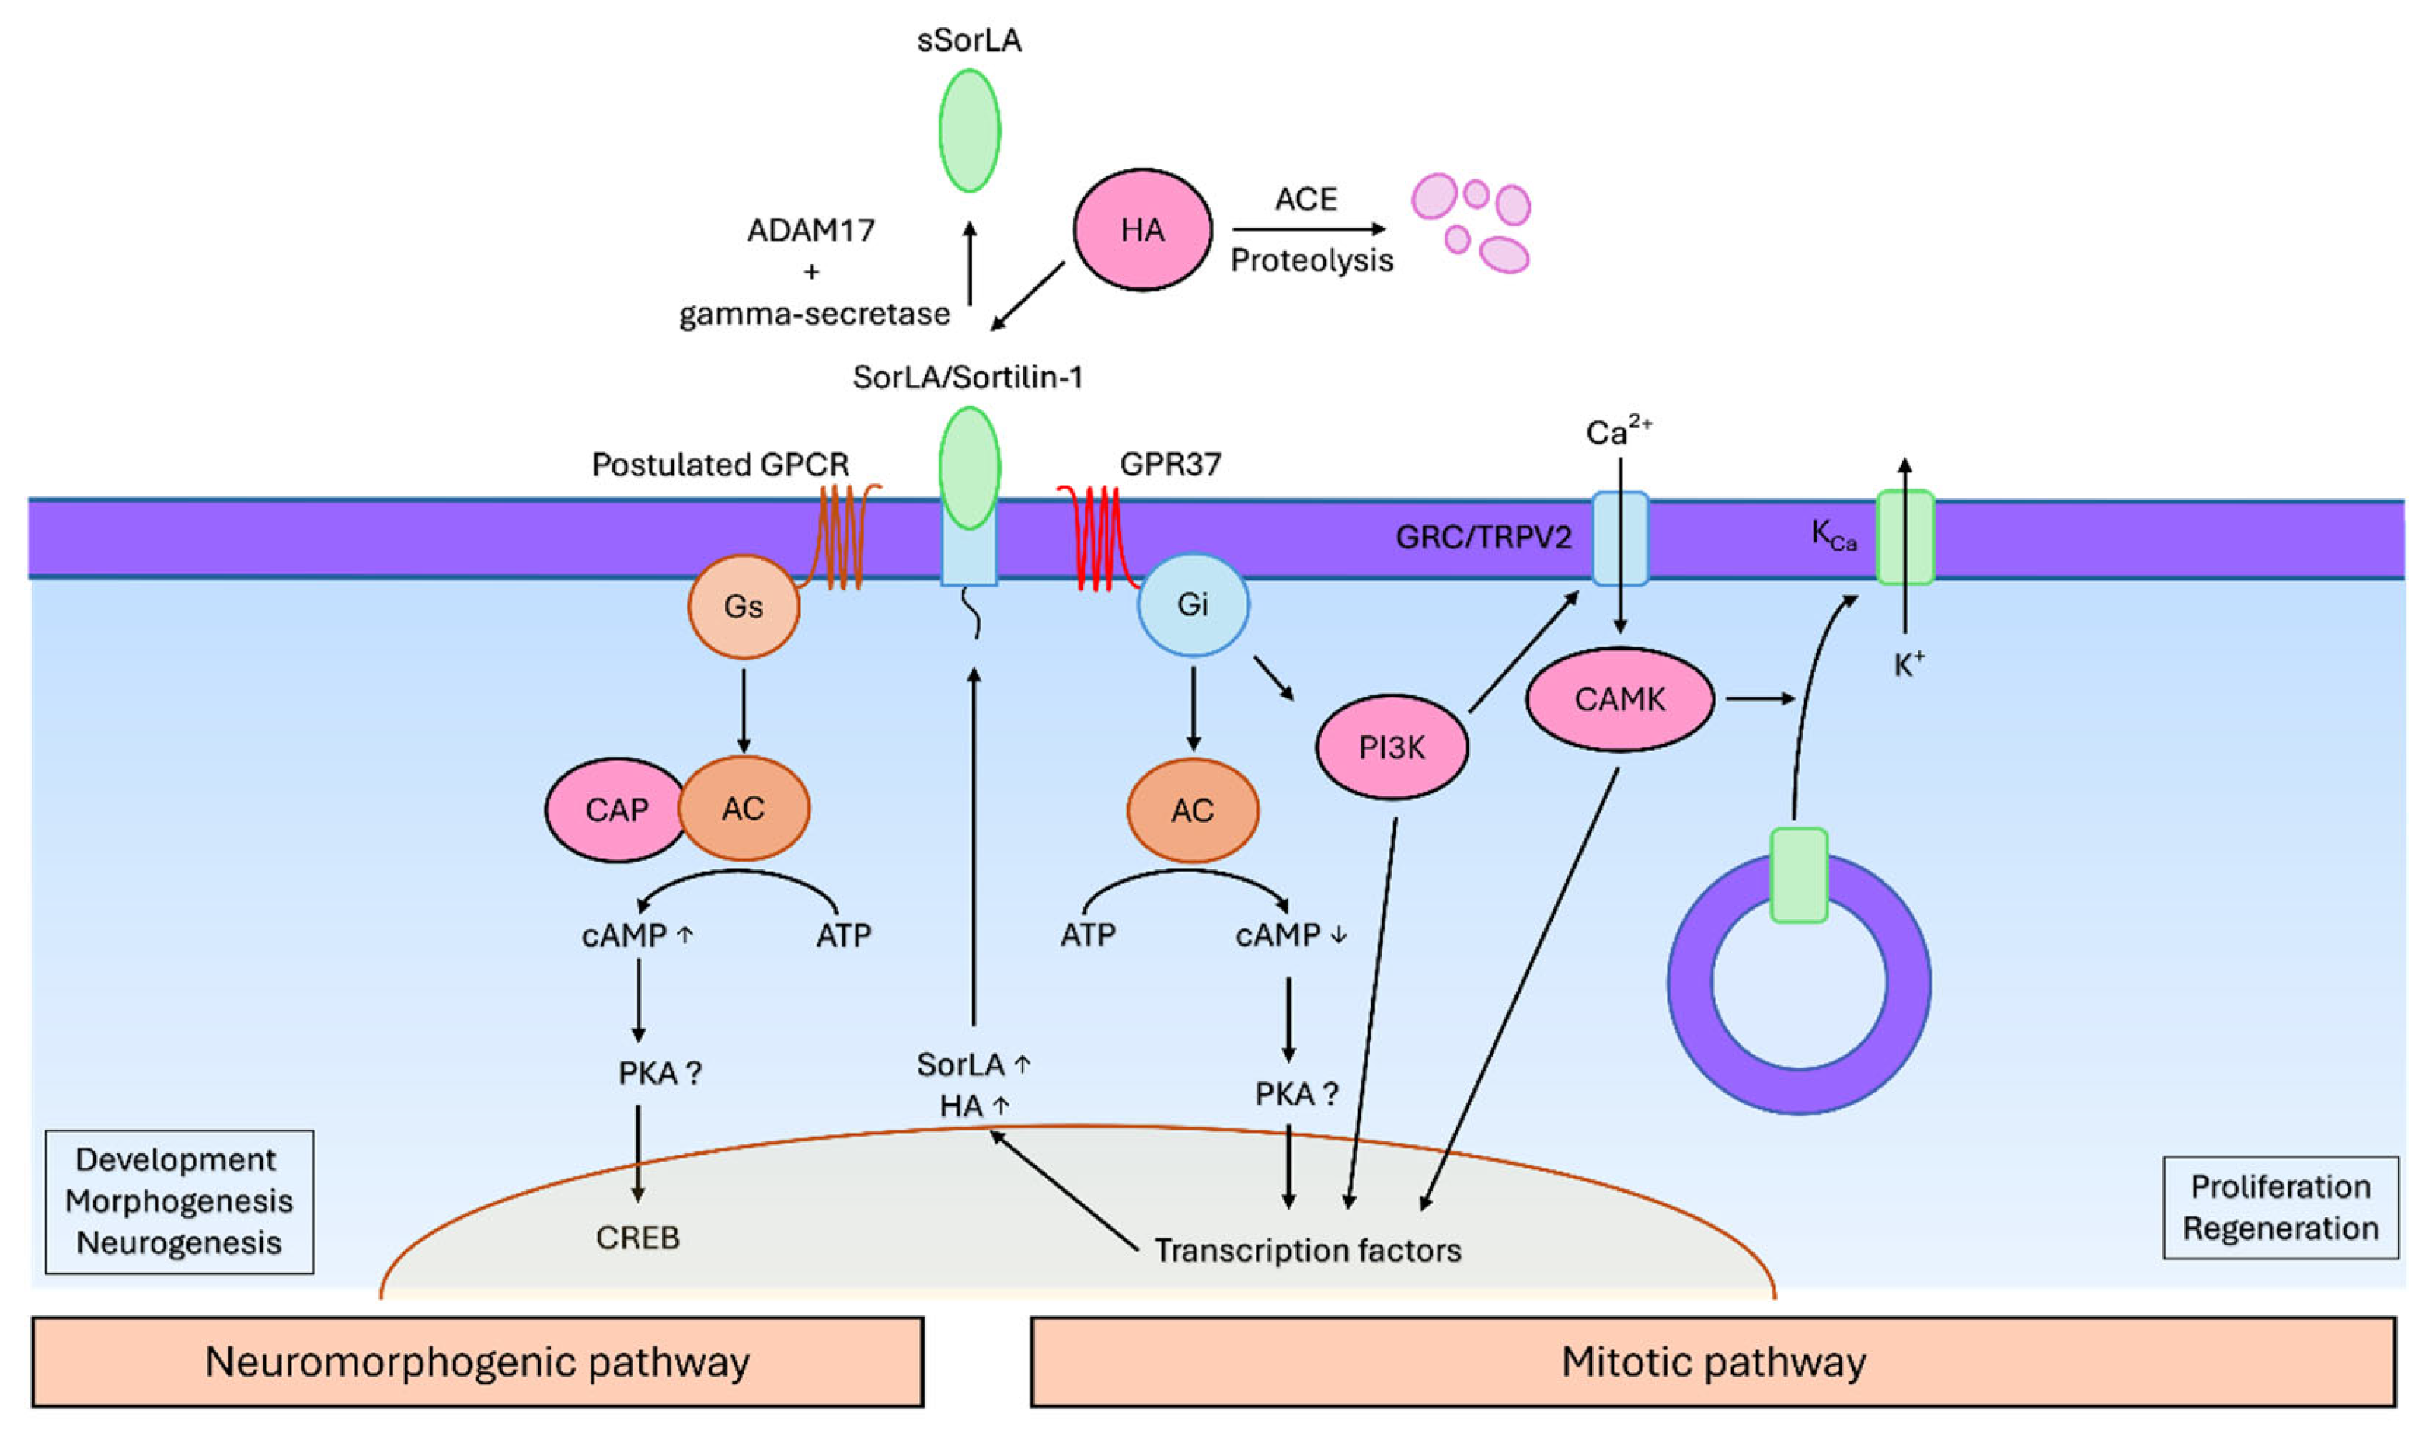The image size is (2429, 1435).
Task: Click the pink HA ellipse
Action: tap(1142, 230)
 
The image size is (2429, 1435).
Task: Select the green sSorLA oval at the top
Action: tap(969, 131)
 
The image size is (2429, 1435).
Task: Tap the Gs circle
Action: tap(743, 606)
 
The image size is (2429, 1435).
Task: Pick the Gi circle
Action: tap(1192, 604)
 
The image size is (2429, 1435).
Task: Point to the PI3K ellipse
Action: tap(1392, 747)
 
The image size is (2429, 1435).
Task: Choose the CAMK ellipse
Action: tap(1619, 699)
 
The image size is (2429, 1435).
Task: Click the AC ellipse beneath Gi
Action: tap(1192, 810)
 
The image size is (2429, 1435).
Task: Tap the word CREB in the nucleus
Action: tap(637, 1238)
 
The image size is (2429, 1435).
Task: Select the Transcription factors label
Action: tap(1307, 1250)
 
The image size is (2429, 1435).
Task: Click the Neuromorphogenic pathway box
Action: tap(478, 1361)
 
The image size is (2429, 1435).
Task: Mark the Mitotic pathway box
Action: tap(1713, 1361)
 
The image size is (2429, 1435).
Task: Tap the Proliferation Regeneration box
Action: tap(2280, 1208)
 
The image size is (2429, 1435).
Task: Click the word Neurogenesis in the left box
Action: tap(179, 1242)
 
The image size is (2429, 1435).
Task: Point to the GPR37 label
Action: tap(1170, 464)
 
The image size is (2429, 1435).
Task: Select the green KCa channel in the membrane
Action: tap(1905, 538)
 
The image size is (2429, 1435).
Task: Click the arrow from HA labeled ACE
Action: tap(1309, 229)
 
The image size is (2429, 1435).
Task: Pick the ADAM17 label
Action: tap(810, 230)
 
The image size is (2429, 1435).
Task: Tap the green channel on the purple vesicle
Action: tap(1799, 875)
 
